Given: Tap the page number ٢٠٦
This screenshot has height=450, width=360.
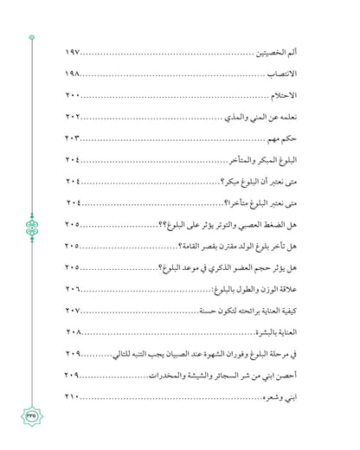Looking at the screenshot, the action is tap(74, 288).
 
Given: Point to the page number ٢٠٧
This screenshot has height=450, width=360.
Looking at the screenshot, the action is tap(74, 310).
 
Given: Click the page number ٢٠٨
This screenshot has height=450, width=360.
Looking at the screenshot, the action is tap(74, 331).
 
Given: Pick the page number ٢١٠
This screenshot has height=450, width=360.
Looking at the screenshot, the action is tap(74, 395).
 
